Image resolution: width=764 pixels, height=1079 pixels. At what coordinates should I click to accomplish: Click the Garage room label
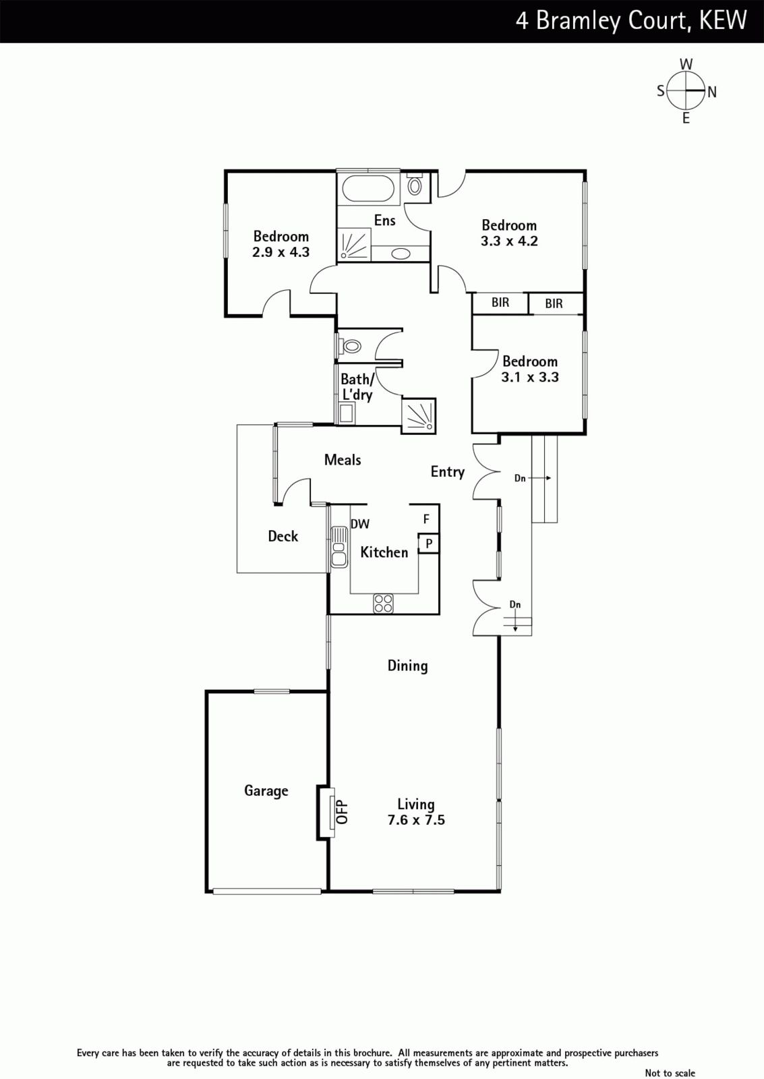pos(266,791)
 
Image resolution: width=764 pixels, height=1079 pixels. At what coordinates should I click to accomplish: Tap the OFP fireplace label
pos(341,812)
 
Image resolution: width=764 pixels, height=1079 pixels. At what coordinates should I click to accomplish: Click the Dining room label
pos(407,666)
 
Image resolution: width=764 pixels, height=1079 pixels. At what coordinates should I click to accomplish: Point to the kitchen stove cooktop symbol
pos(383,604)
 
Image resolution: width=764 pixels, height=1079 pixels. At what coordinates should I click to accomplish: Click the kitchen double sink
pos(339,547)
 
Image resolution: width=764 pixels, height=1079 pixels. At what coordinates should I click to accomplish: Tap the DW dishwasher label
pos(360,524)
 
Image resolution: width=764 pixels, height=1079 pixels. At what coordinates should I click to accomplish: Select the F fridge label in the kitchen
pos(426,519)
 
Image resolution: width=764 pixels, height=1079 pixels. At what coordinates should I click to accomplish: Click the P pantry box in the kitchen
pos(429,544)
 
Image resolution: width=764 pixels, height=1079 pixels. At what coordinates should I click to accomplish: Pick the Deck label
pos(283,536)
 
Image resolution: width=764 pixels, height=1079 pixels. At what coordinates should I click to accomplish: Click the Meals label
pos(343,460)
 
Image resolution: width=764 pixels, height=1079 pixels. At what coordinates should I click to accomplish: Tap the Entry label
pos(448,472)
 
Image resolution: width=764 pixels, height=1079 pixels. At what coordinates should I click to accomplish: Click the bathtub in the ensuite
pos(368,188)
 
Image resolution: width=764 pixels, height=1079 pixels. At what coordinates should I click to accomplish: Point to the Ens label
pos(385,221)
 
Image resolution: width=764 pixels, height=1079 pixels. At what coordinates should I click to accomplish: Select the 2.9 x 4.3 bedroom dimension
pos(281,252)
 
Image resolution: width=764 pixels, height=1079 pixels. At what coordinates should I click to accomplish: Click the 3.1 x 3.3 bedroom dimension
pos(530,377)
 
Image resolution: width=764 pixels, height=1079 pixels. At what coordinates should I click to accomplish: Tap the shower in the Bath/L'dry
pos(419,415)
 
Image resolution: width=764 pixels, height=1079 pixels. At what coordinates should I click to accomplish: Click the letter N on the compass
pos(712,92)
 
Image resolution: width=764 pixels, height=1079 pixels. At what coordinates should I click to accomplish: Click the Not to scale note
pos(670,1072)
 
